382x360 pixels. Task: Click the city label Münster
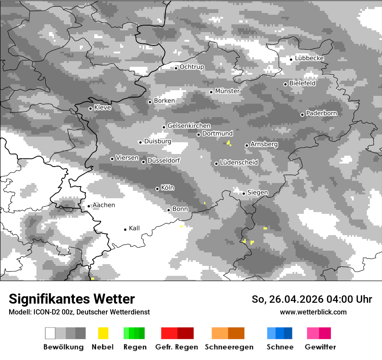tap(227, 91)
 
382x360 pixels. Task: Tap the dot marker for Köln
tap(157, 189)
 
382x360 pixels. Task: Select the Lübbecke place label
tap(309, 58)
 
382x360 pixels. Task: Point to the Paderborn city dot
tap(302, 115)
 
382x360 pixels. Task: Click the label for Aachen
tap(104, 205)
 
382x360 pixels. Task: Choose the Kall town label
tap(134, 228)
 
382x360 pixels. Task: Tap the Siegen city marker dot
tap(244, 193)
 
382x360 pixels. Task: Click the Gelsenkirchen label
tap(189, 126)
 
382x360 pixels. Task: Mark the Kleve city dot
tap(90, 108)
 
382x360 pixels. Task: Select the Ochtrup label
tap(191, 67)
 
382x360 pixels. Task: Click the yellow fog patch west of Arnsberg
tap(229, 143)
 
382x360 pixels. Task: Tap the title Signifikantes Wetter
tap(72, 299)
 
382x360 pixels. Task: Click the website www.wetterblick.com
tap(313, 312)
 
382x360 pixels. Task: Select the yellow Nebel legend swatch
tap(103, 333)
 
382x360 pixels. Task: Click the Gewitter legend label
tap(320, 347)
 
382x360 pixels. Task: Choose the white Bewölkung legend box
tap(50, 333)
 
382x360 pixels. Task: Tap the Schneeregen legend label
tap(229, 347)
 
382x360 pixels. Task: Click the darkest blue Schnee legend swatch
tap(288, 333)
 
